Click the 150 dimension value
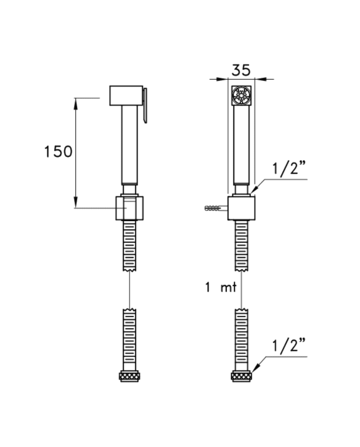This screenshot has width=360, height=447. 59,151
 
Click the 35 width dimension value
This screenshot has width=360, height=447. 241,70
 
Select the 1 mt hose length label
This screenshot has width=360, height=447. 221,288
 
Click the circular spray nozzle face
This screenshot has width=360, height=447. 241,96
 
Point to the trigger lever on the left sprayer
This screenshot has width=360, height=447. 145,105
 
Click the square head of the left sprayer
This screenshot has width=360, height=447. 126,96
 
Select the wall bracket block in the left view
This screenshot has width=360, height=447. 130,208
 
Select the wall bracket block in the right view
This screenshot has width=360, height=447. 241,208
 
